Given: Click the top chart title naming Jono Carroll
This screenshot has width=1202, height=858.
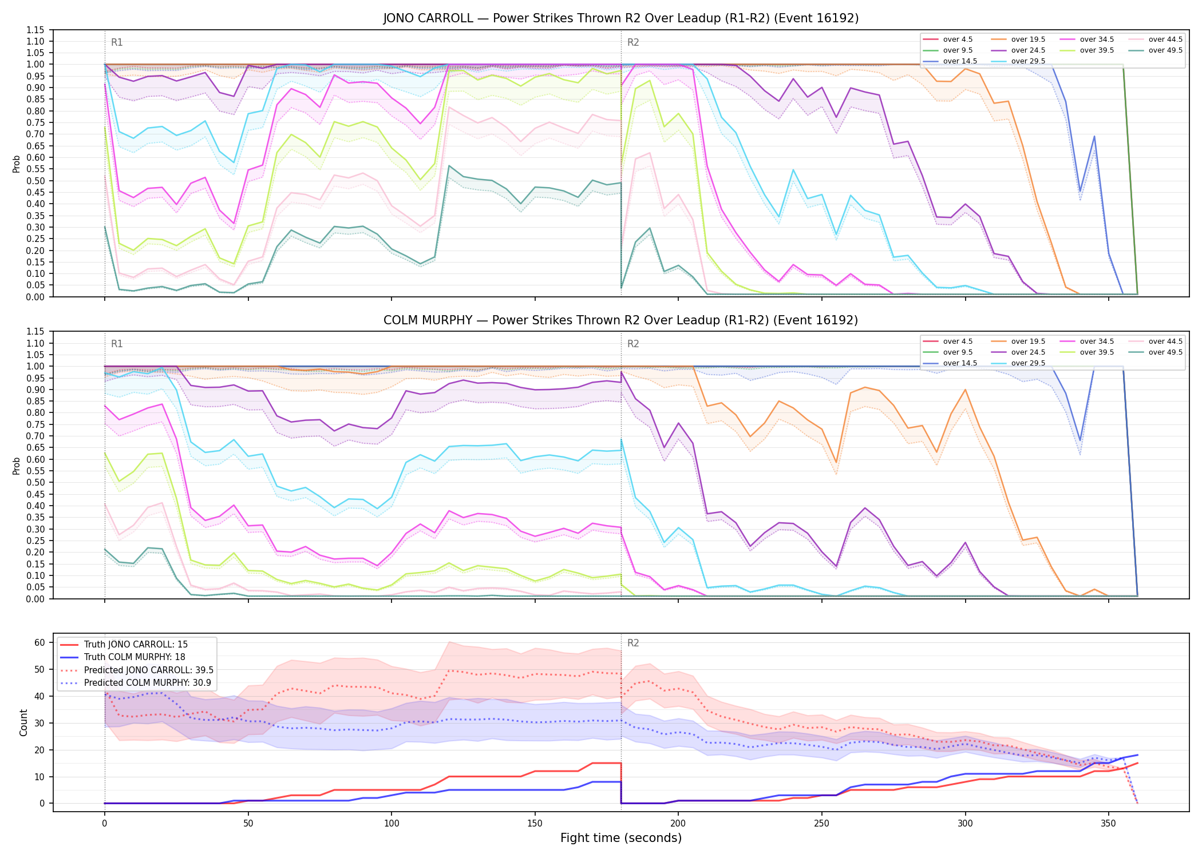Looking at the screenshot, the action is click(621, 18).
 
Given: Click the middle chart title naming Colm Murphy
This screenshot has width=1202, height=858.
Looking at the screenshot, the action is click(621, 320).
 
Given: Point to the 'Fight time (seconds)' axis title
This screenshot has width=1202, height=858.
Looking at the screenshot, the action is click(621, 838).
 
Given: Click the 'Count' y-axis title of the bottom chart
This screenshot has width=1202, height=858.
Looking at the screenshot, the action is click(23, 722).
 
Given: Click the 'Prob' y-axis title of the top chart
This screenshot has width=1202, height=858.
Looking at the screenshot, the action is click(17, 164).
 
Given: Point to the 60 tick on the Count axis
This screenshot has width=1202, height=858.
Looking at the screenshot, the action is click(39, 642).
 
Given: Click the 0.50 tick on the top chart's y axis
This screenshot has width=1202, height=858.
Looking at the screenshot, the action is click(35, 181).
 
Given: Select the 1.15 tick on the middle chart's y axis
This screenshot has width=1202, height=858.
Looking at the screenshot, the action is click(35, 332).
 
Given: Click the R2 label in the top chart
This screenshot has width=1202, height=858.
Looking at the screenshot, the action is click(633, 42).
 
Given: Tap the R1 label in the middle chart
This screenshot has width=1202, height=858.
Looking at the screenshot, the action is click(117, 344).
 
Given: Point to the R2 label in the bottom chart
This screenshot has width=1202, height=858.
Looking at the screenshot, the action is click(633, 643).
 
